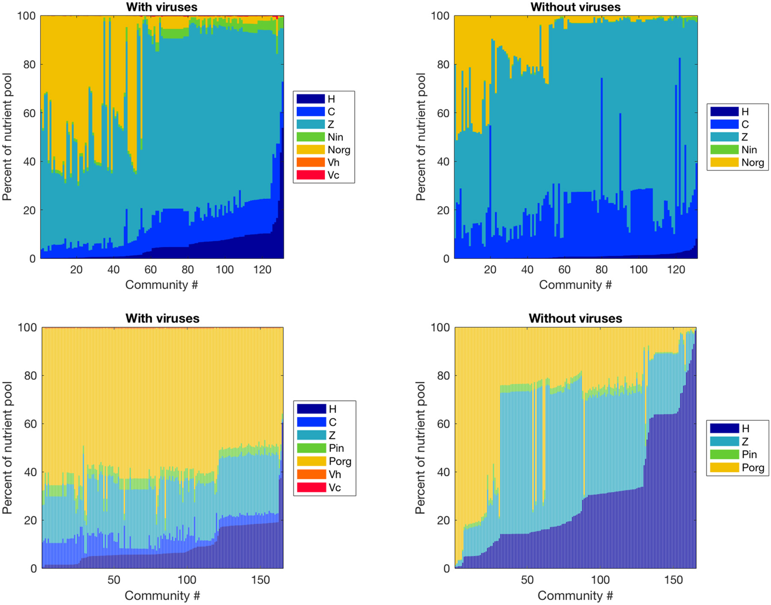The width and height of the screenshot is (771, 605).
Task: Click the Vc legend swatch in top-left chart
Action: click(311, 175)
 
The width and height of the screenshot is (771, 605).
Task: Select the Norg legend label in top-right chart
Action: click(753, 163)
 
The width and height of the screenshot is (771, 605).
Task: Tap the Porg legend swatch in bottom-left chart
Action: click(311, 461)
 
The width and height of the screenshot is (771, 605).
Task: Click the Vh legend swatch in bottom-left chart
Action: click(311, 474)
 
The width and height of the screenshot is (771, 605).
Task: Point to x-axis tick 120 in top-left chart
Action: click(262, 270)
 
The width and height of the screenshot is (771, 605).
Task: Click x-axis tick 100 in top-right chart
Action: click(638, 270)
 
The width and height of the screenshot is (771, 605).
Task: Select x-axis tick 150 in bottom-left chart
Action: click(260, 580)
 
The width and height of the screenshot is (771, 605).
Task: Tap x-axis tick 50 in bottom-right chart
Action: click(527, 580)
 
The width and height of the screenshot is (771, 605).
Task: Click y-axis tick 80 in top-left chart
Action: click(29, 65)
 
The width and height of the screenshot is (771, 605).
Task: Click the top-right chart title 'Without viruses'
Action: click(575, 7)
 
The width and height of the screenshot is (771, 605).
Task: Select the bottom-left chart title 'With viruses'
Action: click(162, 318)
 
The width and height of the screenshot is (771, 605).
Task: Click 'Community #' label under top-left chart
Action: click(161, 285)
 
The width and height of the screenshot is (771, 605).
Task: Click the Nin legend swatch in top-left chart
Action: click(311, 137)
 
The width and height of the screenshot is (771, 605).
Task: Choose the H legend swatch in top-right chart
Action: click(724, 112)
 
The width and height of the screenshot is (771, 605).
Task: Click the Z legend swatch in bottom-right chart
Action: click(724, 442)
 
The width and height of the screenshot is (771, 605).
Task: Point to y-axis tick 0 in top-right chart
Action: click(446, 259)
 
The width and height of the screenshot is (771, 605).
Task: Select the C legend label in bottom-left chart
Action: click(332, 422)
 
